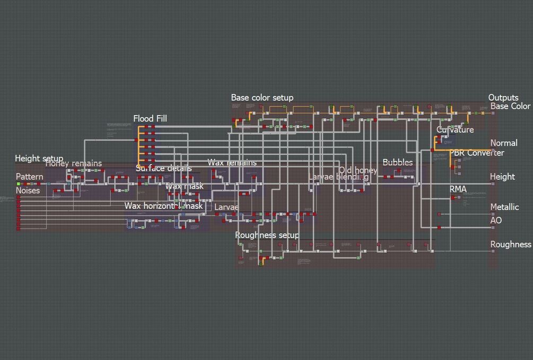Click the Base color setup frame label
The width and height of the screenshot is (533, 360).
262,98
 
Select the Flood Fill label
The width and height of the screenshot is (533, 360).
150,118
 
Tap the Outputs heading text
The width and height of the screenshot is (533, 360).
503,98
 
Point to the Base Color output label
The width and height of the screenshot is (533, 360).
510,106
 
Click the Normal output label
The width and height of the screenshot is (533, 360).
504,143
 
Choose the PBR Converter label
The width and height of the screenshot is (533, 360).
477,153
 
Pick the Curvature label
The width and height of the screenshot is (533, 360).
455,129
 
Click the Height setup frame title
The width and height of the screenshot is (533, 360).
39,159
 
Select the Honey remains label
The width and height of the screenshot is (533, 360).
73,163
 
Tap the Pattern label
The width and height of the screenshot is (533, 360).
30,177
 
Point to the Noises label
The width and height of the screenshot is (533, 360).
28,190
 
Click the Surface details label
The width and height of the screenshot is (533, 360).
163,169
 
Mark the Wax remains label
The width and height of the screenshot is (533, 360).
232,162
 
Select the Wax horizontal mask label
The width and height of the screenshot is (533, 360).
163,206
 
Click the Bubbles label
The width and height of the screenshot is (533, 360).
398,162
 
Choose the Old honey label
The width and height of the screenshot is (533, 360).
359,170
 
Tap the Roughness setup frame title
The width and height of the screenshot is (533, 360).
267,235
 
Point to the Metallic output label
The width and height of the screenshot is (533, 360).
504,207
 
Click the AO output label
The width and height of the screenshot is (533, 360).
496,220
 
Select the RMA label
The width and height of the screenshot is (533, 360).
458,189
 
